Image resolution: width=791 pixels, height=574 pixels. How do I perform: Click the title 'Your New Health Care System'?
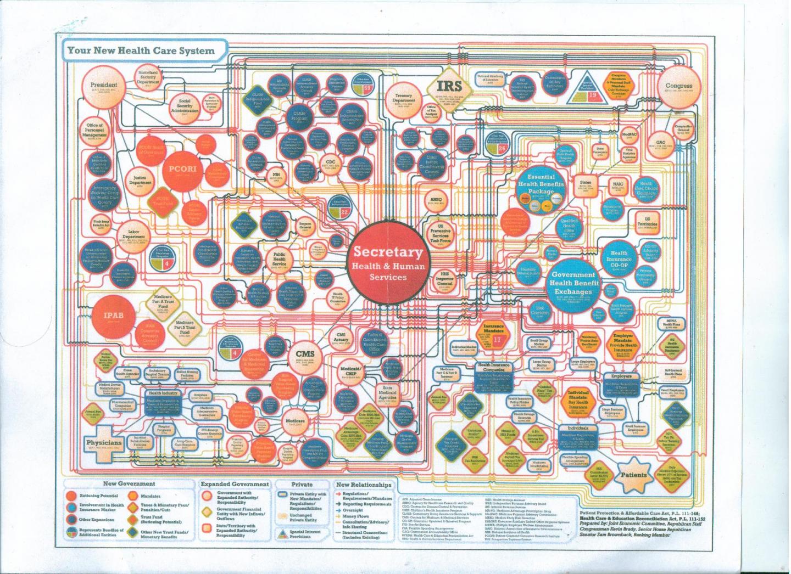tap(141, 50)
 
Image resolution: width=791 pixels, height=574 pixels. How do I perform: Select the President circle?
tap(104, 87)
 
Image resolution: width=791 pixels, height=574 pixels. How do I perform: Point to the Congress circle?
tap(679, 87)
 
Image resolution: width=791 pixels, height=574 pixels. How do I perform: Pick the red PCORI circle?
tap(178, 169)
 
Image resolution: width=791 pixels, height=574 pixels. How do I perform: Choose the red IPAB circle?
tap(115, 316)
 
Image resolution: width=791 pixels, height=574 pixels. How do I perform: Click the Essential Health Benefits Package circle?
tap(541, 187)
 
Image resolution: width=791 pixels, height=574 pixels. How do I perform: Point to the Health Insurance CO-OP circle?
tap(620, 260)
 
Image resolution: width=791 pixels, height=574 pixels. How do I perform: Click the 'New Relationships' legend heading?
tap(364, 485)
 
